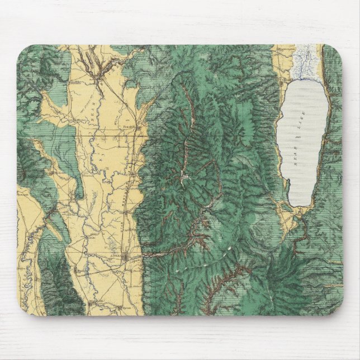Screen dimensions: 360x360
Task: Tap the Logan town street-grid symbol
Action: [127, 257]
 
